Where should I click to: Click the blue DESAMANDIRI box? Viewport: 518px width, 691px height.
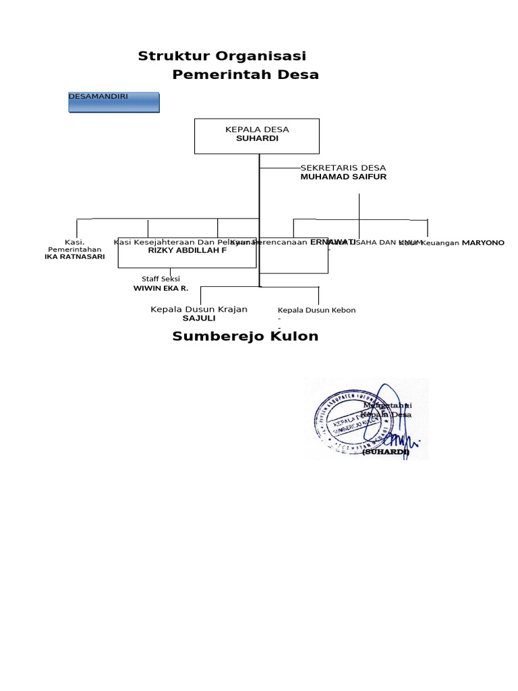pos(114,103)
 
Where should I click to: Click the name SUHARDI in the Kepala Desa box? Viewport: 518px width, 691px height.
pos(257,138)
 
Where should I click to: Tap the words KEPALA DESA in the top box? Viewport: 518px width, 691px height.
pos(257,129)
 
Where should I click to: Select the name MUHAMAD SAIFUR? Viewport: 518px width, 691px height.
pos(343,176)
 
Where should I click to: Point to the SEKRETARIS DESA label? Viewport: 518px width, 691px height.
pos(343,167)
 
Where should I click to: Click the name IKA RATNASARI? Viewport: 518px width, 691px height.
pos(74,256)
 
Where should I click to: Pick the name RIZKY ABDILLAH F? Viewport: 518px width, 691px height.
pos(188,250)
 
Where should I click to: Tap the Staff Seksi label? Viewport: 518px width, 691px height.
pos(161,279)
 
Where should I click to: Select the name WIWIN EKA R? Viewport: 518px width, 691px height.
pos(161,288)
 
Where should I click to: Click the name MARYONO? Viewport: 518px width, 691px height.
pos(483,242)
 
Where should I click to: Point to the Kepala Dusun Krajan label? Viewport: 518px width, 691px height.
pos(198,309)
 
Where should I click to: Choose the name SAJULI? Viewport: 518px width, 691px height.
pos(198,318)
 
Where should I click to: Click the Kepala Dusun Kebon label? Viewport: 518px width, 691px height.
pos(316,310)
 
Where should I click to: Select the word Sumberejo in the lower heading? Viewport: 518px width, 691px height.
pos(217,336)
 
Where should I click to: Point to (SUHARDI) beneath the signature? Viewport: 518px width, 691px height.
pos(386,452)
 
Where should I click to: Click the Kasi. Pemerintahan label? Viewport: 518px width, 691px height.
pos(74,246)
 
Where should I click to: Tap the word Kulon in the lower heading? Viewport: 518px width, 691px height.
pos(294,336)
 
